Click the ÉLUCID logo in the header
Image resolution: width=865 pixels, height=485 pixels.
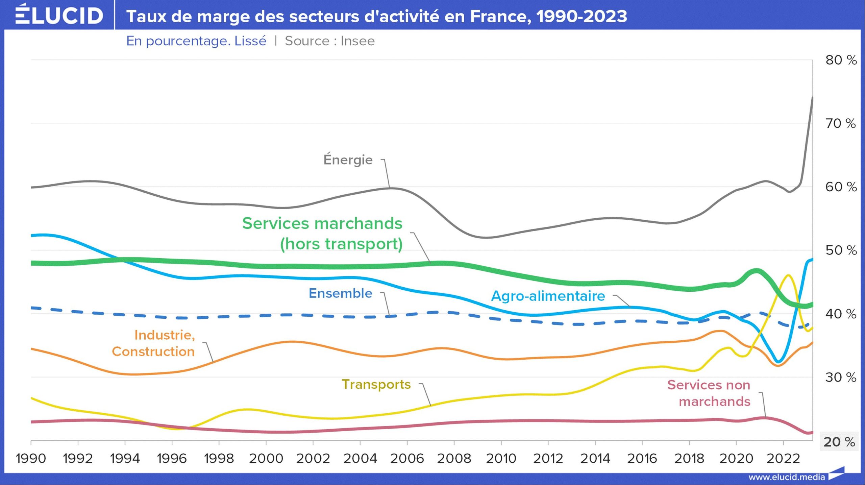[x=59, y=15]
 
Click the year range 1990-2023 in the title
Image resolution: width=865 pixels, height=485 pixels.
[x=582, y=16]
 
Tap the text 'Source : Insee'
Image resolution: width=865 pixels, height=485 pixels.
[x=330, y=41]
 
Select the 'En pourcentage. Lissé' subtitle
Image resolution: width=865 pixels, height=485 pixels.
[x=196, y=41]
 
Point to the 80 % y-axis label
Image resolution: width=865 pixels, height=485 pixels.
[x=841, y=60]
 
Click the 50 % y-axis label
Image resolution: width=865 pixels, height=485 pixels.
[x=841, y=250]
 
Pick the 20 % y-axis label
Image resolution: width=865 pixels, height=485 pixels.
[x=839, y=442]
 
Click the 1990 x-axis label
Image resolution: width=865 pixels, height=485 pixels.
[x=31, y=459]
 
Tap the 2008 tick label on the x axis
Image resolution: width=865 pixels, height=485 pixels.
[x=454, y=459]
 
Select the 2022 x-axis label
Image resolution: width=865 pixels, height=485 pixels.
[x=783, y=459]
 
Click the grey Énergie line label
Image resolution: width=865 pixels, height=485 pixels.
[x=348, y=160]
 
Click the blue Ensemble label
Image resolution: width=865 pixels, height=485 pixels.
[x=340, y=293]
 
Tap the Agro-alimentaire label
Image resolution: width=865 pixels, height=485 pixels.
[x=548, y=296]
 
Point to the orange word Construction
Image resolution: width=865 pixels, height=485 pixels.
[x=153, y=351]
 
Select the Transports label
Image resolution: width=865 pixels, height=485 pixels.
[x=376, y=384]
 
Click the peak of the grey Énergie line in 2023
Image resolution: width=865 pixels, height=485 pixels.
[x=812, y=98]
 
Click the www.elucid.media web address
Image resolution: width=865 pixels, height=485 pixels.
[x=786, y=477]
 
